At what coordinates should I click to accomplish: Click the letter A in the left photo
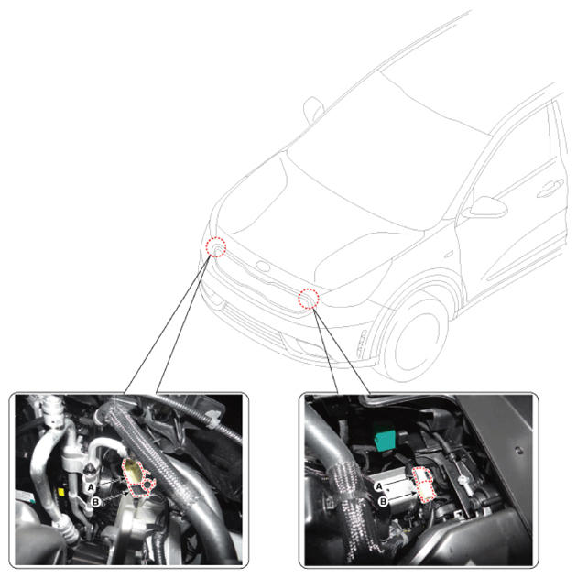click(x=91, y=487)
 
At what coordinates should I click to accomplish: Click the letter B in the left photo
click(x=96, y=502)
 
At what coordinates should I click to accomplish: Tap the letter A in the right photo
click(x=379, y=487)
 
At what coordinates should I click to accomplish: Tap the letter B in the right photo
click(x=383, y=501)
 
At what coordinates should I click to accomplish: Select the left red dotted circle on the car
click(x=215, y=246)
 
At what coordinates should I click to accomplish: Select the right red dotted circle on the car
click(x=309, y=299)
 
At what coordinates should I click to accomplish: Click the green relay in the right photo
click(x=385, y=439)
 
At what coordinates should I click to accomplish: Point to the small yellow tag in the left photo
click(x=61, y=492)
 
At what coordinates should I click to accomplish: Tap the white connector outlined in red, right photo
click(x=424, y=484)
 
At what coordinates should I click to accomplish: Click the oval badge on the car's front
click(x=263, y=266)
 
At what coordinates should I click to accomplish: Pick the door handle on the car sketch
click(x=550, y=188)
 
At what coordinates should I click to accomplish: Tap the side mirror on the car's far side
click(x=313, y=109)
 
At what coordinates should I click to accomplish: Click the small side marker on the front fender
click(x=449, y=254)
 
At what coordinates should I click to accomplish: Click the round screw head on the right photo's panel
click(x=518, y=450)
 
